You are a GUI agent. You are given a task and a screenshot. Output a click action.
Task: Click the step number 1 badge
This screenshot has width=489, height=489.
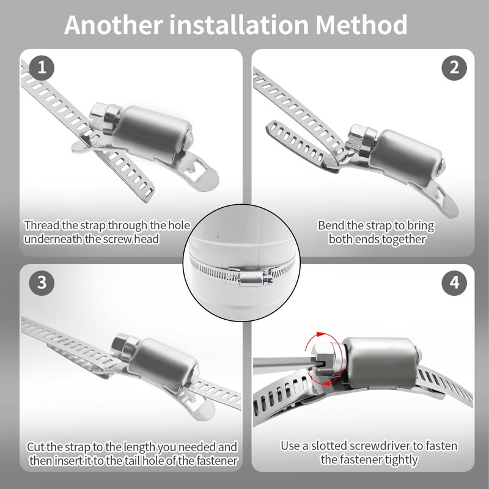tap(42, 68)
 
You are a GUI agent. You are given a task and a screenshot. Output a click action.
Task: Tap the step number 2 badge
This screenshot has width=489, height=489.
tap(454, 68)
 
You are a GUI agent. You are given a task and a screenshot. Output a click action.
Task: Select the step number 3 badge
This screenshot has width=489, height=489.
tap(42, 283)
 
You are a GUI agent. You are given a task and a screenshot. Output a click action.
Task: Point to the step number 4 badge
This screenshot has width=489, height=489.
tap(454, 283)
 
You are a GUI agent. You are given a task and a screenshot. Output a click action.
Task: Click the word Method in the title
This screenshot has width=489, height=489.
tap(361, 24)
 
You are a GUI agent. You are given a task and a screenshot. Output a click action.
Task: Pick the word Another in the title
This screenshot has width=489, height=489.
tap(114, 24)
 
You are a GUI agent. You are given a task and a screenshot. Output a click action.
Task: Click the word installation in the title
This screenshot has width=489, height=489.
tap(239, 24)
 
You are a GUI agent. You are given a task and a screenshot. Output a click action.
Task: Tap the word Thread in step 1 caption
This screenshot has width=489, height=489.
tap(42, 225)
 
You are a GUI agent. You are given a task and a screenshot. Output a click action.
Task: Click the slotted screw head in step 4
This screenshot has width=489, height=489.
tap(324, 360)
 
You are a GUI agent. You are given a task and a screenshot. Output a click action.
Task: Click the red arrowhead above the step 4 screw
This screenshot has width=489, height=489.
tap(320, 334)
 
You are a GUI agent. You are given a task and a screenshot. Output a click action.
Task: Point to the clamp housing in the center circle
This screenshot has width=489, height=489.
tap(252, 278)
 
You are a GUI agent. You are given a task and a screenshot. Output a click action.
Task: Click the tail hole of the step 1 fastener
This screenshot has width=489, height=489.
tap(196, 171)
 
